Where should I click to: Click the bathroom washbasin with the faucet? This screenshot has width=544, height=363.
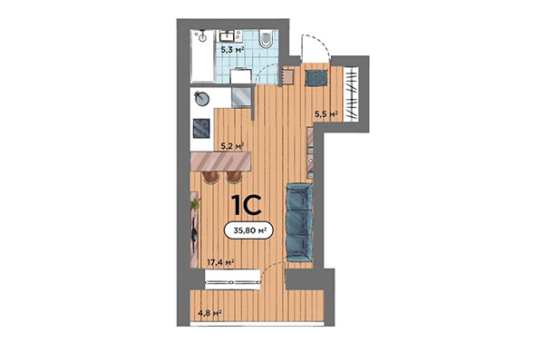pyautogui.click(x=228, y=35)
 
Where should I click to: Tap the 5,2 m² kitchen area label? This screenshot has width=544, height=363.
pyautogui.click(x=232, y=144)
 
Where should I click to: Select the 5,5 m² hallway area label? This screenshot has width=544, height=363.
pyautogui.click(x=325, y=113)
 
